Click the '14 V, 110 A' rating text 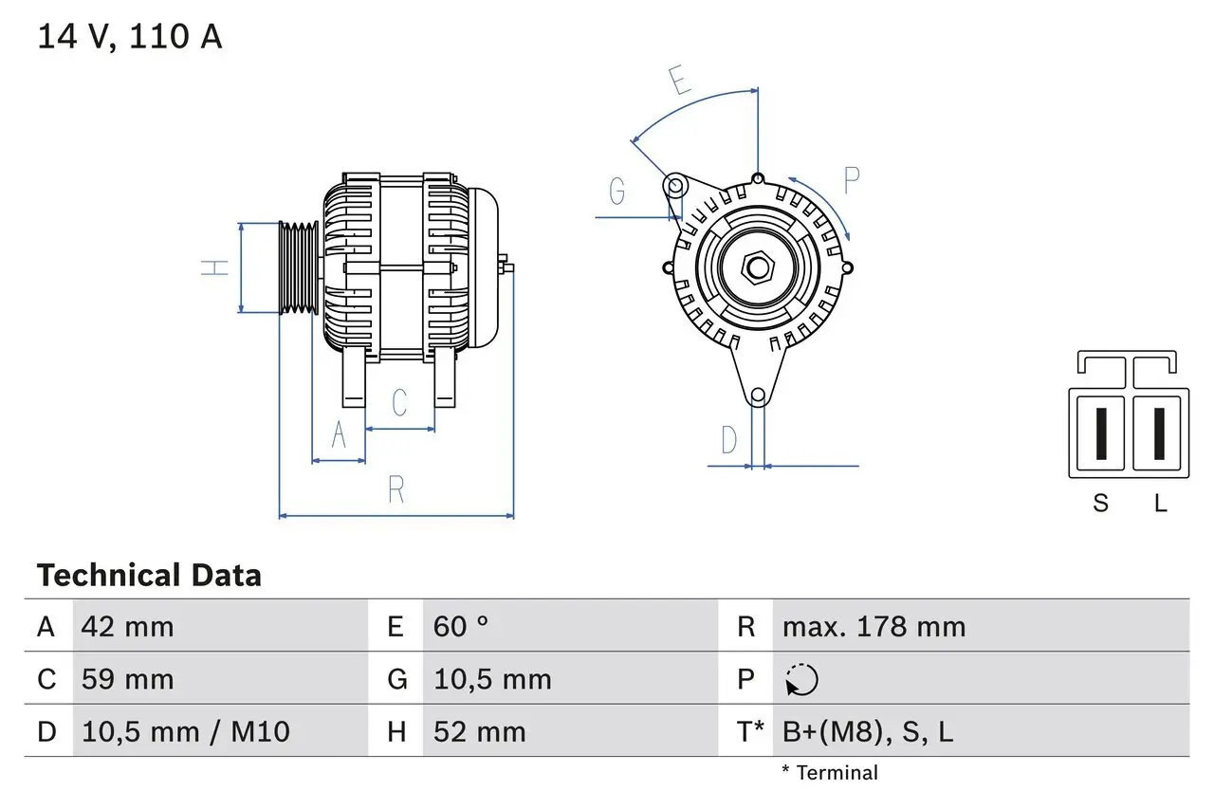(130, 37)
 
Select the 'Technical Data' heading (149, 576)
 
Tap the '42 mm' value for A (127, 627)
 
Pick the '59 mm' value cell (127, 679)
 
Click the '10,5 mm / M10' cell (186, 731)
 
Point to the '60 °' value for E (461, 627)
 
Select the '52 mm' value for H (479, 731)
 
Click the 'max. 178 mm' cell (874, 627)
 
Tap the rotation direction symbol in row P (801, 680)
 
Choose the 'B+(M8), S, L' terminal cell (867, 731)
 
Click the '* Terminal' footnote (830, 773)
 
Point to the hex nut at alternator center (757, 267)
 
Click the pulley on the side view (299, 267)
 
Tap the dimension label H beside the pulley (217, 267)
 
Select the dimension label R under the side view (396, 489)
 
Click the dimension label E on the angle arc (679, 82)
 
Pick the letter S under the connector (1100, 504)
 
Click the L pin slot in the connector (1158, 433)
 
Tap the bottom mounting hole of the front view (757, 395)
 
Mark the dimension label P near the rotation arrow (852, 179)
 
